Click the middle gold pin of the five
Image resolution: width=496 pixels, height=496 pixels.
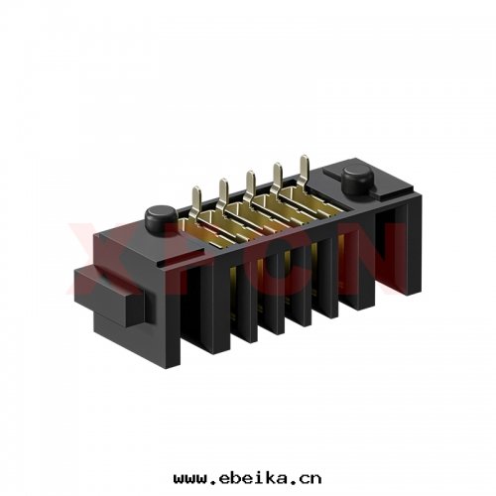click(x=250, y=177)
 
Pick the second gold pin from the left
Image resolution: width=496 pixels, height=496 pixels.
click(x=224, y=184)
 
